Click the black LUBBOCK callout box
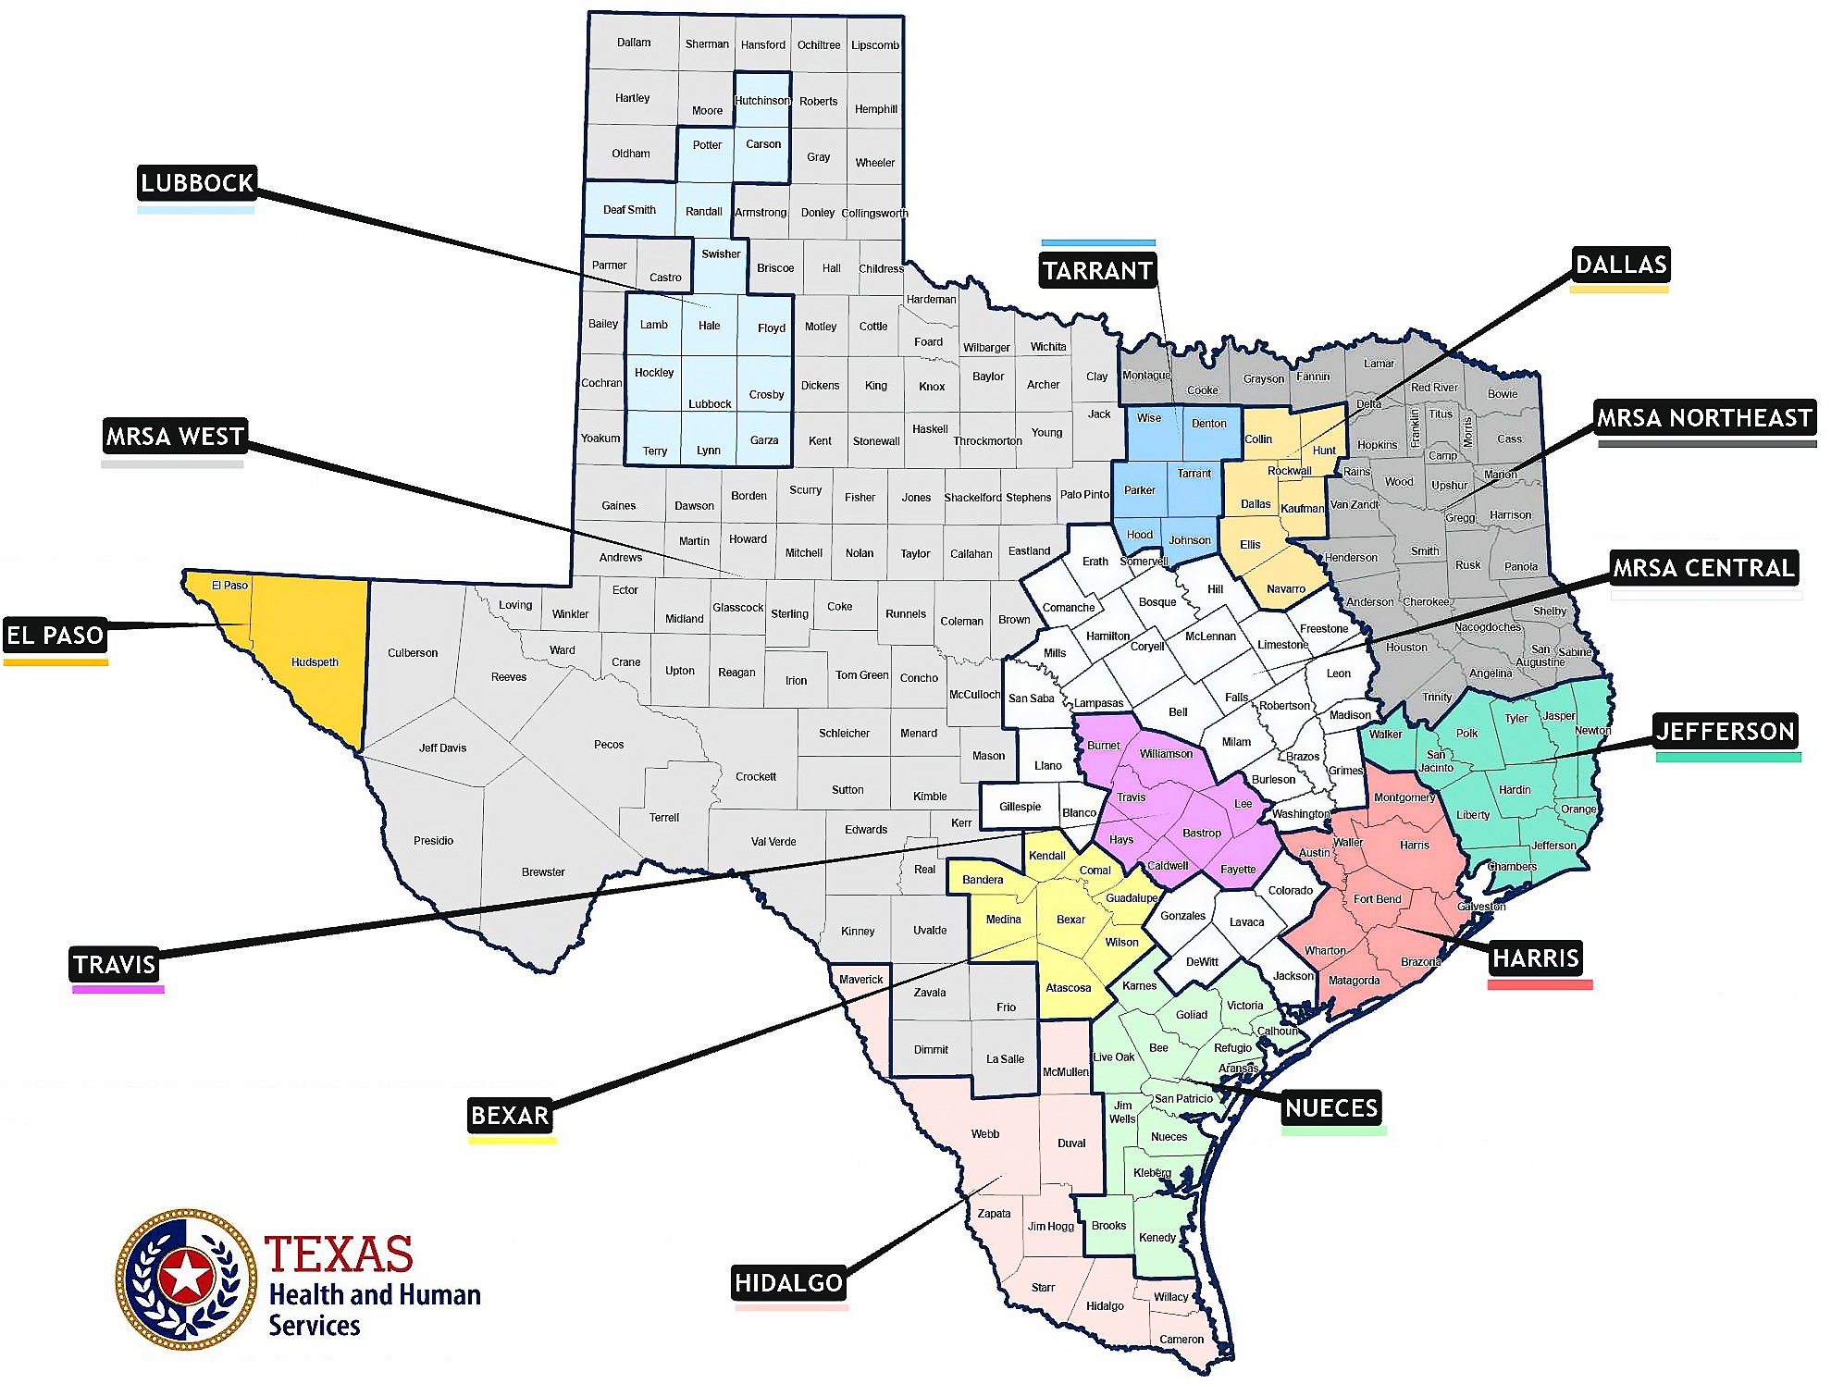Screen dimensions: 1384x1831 coord(196,183)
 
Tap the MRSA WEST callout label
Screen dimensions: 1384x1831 coord(175,437)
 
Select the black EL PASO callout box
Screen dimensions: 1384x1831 coord(55,636)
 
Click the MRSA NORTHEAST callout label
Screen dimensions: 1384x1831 coord(1704,418)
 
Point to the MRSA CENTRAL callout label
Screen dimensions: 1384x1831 coord(1703,568)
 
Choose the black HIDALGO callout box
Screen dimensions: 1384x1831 coord(788,1283)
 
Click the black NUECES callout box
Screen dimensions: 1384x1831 coord(1331,1107)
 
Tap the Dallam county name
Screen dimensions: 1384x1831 coord(634,43)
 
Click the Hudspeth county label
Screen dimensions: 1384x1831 coord(315,662)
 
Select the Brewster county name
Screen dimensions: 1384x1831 coord(543,872)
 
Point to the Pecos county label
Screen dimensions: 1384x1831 coord(609,745)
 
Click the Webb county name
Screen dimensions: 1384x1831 coord(985,1134)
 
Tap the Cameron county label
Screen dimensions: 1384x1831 coord(1181,1340)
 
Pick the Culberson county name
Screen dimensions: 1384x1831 coord(413,653)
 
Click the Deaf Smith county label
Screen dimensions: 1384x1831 coord(629,210)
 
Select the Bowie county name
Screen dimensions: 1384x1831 coord(1503,394)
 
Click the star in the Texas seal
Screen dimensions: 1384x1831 coord(186,1278)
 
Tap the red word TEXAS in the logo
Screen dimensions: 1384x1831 coord(339,1255)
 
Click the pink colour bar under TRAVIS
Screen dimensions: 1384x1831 coord(118,990)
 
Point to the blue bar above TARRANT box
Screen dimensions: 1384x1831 coord(1098,243)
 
